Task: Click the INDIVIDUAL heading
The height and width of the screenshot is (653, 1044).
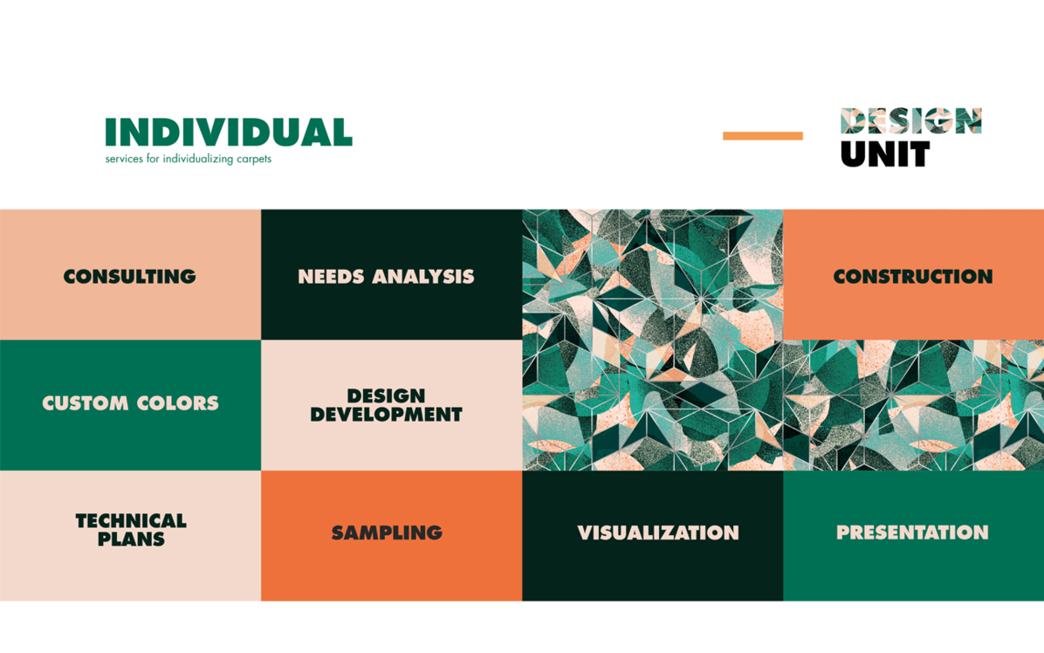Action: click(x=229, y=133)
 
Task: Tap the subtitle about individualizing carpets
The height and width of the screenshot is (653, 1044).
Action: click(x=189, y=159)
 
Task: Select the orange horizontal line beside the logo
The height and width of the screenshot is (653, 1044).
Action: click(x=762, y=135)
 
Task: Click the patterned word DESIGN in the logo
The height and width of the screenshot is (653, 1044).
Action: click(x=910, y=121)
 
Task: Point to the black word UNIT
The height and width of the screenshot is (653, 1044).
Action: click(x=885, y=155)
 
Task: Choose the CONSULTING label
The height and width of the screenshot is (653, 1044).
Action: click(x=130, y=277)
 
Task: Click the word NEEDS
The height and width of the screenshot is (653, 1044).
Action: click(x=331, y=277)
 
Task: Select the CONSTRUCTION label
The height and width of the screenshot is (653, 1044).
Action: click(x=913, y=277)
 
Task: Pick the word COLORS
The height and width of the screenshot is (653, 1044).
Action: click(x=179, y=403)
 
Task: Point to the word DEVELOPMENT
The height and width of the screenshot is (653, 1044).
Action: click(x=386, y=416)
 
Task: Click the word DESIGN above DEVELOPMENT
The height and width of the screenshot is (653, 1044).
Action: click(x=386, y=396)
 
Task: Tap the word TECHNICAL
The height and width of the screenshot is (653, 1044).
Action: click(x=131, y=521)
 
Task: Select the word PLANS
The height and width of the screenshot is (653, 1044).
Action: click(x=131, y=540)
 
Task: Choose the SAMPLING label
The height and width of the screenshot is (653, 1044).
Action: click(x=387, y=533)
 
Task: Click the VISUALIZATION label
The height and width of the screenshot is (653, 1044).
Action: click(x=658, y=533)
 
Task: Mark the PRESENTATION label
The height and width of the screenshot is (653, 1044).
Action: click(x=912, y=533)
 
